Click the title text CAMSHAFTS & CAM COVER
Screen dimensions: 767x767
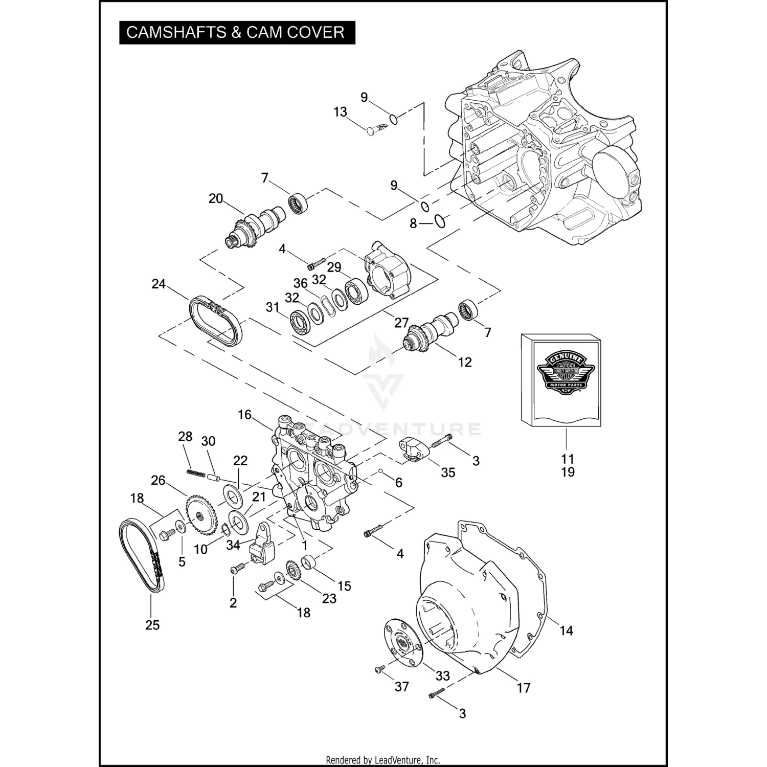coord(235,32)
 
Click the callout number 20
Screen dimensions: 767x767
coord(216,198)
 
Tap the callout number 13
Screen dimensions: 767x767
coord(340,112)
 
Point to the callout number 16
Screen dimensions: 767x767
coord(244,415)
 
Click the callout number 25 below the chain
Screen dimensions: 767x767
coord(152,625)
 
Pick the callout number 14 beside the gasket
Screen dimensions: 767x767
coord(566,630)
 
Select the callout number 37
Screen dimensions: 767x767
coord(402,686)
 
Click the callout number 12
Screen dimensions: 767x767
coord(465,362)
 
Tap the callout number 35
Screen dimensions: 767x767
coord(448,472)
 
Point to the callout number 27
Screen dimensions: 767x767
coord(401,323)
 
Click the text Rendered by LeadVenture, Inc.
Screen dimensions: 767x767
coord(383,760)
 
